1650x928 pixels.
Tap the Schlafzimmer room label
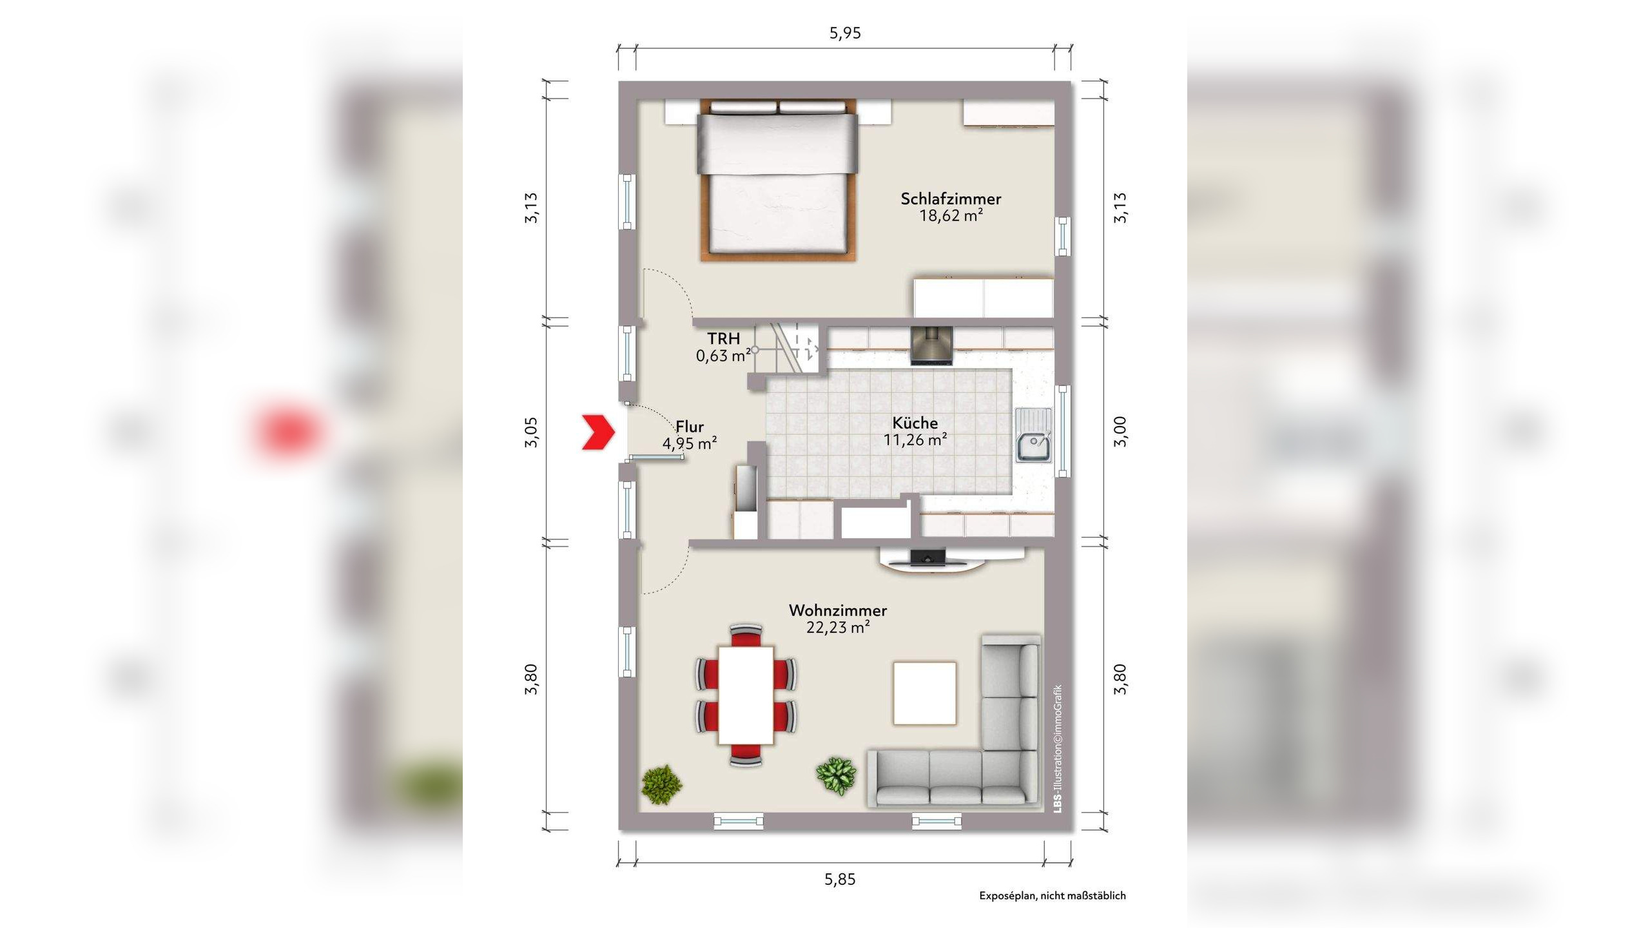click(x=951, y=198)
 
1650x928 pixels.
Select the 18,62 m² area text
click(x=951, y=216)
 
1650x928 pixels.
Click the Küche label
click(x=915, y=423)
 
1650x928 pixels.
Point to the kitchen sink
click(x=1034, y=436)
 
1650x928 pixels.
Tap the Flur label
click(x=690, y=427)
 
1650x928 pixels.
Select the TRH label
click(x=723, y=338)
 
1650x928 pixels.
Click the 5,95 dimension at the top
click(x=845, y=33)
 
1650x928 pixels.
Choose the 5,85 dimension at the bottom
click(x=840, y=880)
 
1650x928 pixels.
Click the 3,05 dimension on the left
click(x=530, y=432)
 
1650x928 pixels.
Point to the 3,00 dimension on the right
click(x=1121, y=432)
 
